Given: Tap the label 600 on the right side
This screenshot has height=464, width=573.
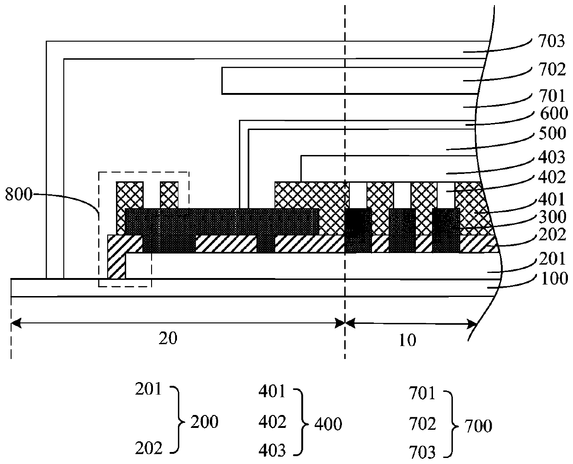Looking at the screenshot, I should tap(555, 114).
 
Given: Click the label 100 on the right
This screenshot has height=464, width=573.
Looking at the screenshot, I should tap(555, 279).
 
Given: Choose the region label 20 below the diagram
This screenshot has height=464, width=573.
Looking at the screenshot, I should tap(167, 339).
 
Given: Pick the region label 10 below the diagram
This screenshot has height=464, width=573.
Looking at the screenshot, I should tap(407, 340).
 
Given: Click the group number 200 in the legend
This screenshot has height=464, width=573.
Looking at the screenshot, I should tap(204, 422).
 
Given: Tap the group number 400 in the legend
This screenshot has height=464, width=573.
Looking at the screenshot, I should tap(328, 423).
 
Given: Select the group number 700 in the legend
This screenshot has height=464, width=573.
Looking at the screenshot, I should tap(478, 425).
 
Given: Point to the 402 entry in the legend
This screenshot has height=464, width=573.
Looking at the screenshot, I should tap(273, 422).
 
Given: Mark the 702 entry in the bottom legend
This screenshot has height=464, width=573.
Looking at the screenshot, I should tap(422, 423).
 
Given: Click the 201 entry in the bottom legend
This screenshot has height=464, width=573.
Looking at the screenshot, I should tap(148, 390).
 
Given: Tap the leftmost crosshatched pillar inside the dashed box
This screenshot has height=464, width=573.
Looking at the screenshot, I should tap(129, 195).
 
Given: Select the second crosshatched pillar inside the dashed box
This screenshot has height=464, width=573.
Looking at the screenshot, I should tap(169, 195).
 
